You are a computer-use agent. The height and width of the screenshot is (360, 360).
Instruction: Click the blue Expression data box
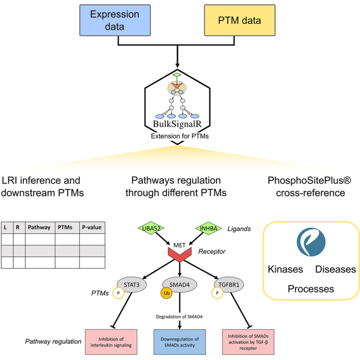click(115, 20)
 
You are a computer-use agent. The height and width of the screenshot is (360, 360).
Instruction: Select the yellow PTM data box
click(240, 20)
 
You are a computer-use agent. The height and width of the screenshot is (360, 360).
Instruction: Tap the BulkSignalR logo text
click(177, 124)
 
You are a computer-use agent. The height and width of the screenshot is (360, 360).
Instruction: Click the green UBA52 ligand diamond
click(151, 228)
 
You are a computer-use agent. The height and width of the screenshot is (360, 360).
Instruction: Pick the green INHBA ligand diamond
click(209, 228)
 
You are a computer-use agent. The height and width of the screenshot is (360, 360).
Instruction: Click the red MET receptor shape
click(179, 255)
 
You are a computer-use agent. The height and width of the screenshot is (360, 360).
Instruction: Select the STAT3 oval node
click(132, 285)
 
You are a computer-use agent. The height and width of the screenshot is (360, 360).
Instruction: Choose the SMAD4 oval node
click(179, 285)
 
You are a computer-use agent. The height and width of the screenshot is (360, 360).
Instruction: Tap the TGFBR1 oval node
click(229, 285)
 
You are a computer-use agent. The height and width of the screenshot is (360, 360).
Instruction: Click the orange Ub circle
click(166, 293)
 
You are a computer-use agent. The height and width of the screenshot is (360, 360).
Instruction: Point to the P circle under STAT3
click(118, 293)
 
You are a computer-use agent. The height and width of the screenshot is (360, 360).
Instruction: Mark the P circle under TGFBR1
click(217, 293)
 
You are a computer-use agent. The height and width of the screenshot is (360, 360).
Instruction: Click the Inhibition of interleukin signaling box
click(111, 342)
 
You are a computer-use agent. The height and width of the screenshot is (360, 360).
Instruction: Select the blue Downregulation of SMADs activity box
click(179, 342)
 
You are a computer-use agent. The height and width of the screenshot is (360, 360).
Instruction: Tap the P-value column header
click(92, 228)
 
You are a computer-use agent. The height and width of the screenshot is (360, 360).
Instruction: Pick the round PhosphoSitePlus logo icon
click(311, 242)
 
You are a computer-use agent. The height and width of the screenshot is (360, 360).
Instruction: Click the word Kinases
click(285, 269)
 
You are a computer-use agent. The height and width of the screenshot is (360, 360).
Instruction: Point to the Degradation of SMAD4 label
click(179, 317)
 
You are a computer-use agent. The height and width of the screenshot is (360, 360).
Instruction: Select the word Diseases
click(336, 269)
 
